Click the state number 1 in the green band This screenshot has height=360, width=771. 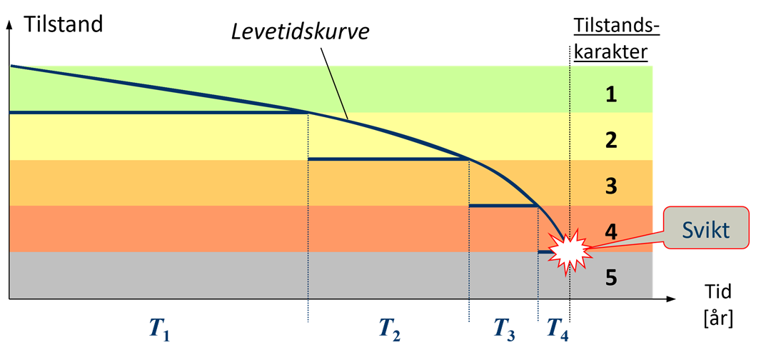[611, 94]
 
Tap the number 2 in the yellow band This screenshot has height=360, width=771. [611, 140]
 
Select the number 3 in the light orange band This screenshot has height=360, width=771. [611, 186]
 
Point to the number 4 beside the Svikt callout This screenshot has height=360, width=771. [611, 232]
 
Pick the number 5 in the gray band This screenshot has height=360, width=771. [611, 277]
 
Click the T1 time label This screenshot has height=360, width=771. [158, 328]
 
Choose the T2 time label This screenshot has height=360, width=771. [388, 328]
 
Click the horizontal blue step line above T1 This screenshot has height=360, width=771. [157, 112]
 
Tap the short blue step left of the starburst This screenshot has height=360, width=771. [544, 252]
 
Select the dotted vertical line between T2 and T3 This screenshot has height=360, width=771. [469, 250]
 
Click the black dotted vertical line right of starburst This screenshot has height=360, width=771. [570, 143]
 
